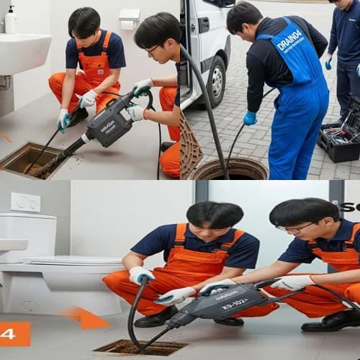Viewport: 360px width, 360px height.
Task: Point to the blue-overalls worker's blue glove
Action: [250, 118]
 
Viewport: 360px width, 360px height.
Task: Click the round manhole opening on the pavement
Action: [228, 169]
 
